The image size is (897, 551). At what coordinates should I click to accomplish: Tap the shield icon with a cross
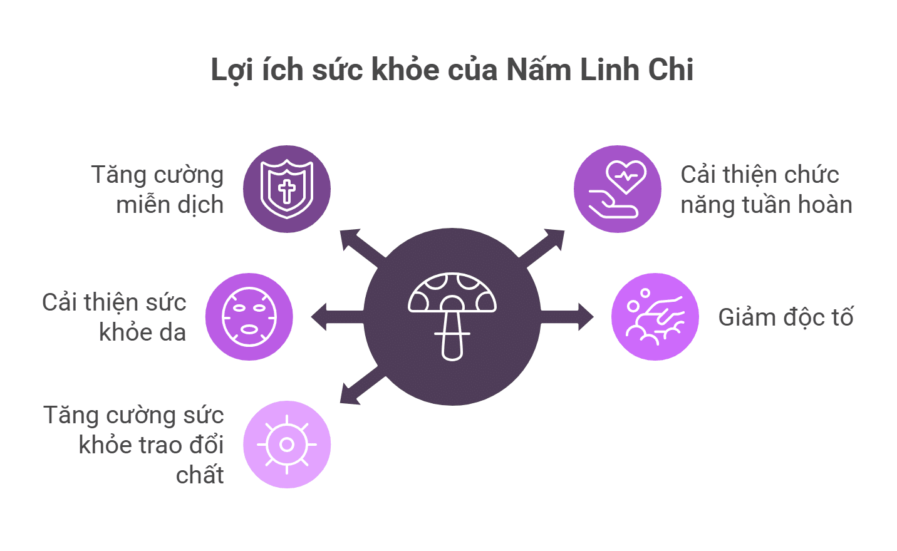click(x=287, y=189)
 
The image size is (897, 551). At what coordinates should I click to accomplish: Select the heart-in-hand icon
click(x=618, y=189)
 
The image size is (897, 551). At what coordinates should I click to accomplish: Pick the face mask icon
click(x=249, y=317)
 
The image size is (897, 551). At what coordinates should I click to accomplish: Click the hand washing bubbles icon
click(x=655, y=317)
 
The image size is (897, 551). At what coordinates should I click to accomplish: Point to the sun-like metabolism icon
click(x=287, y=445)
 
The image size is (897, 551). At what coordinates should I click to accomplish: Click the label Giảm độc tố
click(x=786, y=317)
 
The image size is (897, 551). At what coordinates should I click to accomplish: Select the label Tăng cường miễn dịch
click(x=158, y=190)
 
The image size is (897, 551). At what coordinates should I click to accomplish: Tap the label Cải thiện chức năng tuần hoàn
click(x=765, y=190)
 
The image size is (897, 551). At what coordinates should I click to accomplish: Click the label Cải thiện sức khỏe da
click(x=115, y=317)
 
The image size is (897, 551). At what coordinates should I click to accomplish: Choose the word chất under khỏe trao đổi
click(x=199, y=475)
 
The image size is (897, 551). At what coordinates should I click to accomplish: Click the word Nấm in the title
click(x=539, y=70)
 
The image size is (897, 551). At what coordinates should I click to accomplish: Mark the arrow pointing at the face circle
click(x=332, y=317)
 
